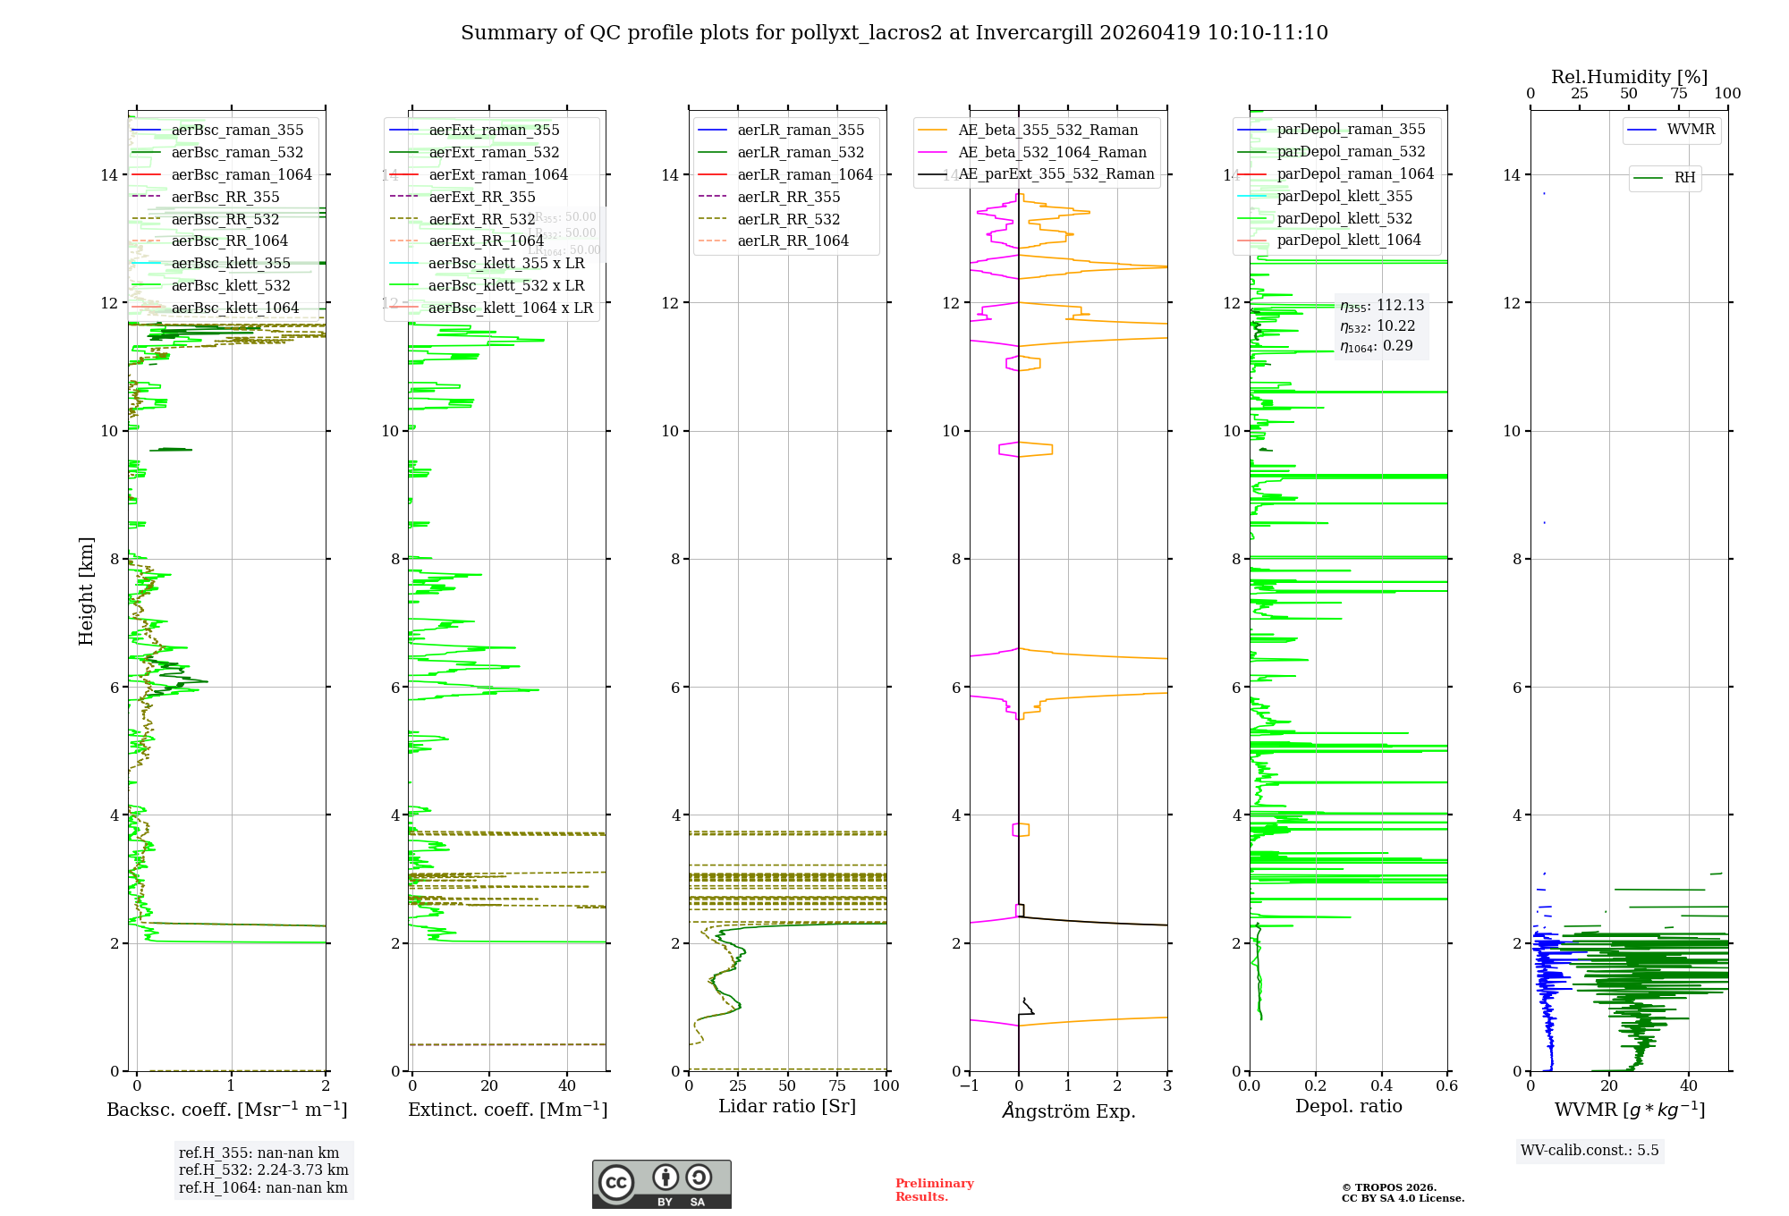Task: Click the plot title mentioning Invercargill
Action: [894, 33]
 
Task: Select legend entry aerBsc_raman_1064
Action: [242, 174]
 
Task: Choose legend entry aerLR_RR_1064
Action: [793, 241]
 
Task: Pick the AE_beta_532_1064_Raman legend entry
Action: [1052, 152]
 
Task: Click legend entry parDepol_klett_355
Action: [1344, 196]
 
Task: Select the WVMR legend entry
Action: [1691, 130]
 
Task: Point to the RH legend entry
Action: [1684, 178]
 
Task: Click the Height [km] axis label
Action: [86, 590]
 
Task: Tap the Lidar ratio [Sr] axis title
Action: [787, 1106]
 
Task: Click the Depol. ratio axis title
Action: [1348, 1106]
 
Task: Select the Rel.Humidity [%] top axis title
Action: [1629, 77]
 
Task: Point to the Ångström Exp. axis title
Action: [1068, 1110]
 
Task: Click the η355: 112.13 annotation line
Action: [1381, 306]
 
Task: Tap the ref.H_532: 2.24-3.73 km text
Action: [263, 1170]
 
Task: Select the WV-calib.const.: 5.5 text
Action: [1590, 1150]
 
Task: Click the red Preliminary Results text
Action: [934, 1189]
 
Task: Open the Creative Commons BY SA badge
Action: [661, 1184]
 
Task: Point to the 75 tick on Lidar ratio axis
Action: [837, 1085]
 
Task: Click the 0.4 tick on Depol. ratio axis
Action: [1381, 1085]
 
